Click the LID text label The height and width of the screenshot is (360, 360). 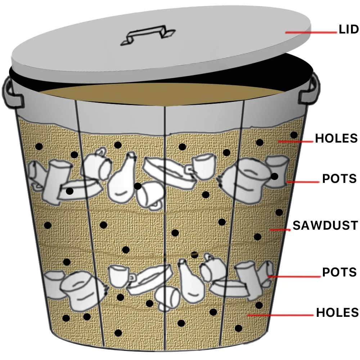(349, 30)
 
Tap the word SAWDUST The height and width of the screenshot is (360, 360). (325, 225)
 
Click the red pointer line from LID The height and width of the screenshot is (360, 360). (312, 32)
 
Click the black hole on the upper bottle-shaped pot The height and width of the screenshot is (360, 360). (137, 186)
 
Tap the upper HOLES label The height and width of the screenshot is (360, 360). (336, 138)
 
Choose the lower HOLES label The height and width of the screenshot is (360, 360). (337, 312)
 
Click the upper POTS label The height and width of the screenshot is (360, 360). (339, 179)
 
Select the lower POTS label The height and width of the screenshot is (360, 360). (339, 272)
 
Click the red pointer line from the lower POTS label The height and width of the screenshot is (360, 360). (293, 276)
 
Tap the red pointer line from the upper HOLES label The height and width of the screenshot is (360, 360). (295, 141)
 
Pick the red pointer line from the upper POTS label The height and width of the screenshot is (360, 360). (302, 182)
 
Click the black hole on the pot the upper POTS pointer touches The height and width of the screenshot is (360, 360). (274, 176)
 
